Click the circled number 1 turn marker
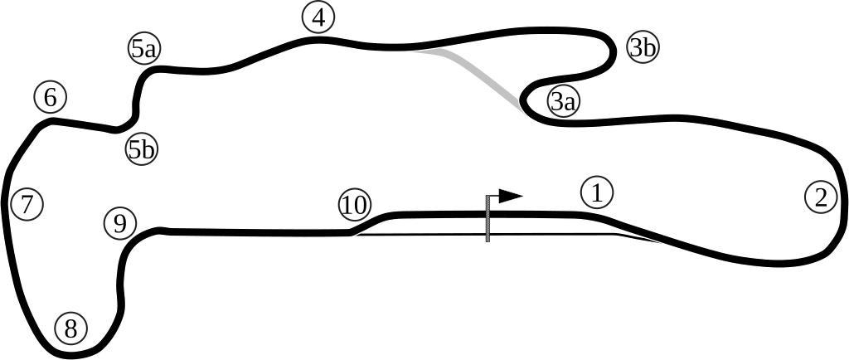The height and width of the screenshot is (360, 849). [x=596, y=192]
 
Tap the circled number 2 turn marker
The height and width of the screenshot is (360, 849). [x=821, y=197]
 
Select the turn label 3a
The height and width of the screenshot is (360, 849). [x=563, y=101]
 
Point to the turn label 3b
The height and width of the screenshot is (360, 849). [x=643, y=47]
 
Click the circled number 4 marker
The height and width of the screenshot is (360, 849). [x=318, y=17]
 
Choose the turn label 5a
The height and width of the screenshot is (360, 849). [x=144, y=48]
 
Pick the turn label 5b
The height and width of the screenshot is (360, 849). [x=142, y=149]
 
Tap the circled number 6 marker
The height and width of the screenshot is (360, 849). [x=50, y=97]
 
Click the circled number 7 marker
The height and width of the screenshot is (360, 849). [x=27, y=203]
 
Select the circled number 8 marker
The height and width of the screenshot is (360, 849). [x=70, y=328]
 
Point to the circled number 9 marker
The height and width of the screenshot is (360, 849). [x=120, y=223]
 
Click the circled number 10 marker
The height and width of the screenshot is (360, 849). [x=355, y=205]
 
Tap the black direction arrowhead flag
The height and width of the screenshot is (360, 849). [x=509, y=197]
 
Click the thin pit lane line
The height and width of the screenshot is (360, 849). [x=497, y=235]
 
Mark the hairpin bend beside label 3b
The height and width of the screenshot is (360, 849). [x=611, y=50]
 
